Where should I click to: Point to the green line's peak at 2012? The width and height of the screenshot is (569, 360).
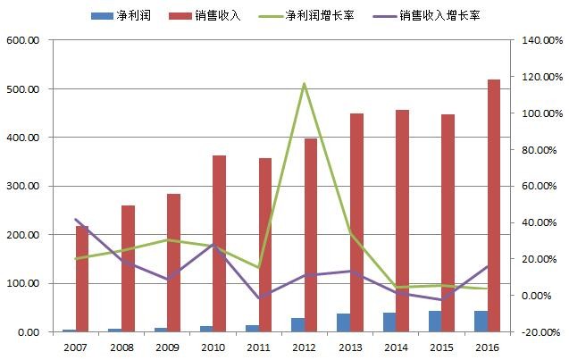(305, 84)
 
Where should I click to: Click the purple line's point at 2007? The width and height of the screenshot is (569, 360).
(76, 219)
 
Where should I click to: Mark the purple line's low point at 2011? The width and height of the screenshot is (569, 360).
(259, 297)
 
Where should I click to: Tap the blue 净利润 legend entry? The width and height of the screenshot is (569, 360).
(125, 16)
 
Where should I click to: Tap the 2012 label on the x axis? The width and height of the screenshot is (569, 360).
(305, 347)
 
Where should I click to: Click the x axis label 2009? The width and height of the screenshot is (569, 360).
(167, 347)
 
